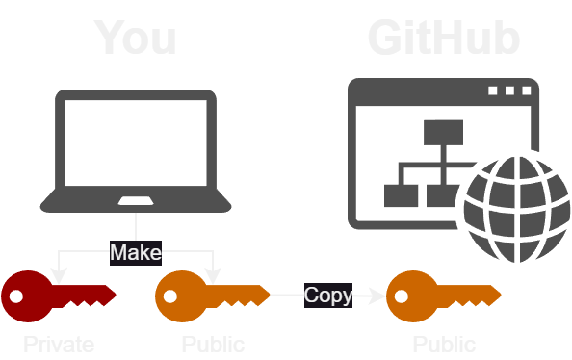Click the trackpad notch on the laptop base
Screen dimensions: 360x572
click(135, 201)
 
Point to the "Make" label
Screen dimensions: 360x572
click(135, 252)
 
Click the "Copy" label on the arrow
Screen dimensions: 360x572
click(328, 295)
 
